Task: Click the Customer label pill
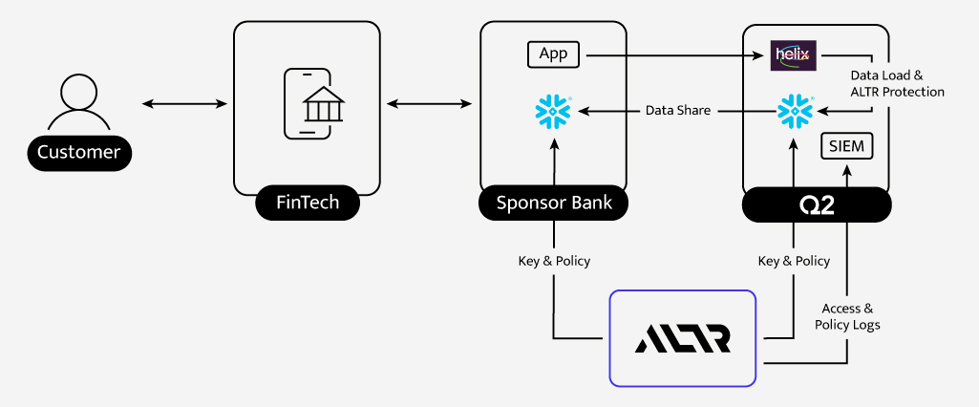(79, 152)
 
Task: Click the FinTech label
(307, 203)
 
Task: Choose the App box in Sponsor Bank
(554, 54)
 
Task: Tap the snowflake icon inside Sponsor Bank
(553, 112)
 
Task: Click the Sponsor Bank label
(554, 203)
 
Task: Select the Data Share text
(678, 111)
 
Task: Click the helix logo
(793, 55)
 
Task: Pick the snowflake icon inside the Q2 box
(795, 112)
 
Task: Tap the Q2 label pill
(817, 204)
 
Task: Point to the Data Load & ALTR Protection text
(897, 83)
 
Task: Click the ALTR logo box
(683, 338)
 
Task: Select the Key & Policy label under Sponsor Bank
(554, 261)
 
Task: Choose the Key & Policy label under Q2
(794, 261)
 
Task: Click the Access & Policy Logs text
(848, 316)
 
